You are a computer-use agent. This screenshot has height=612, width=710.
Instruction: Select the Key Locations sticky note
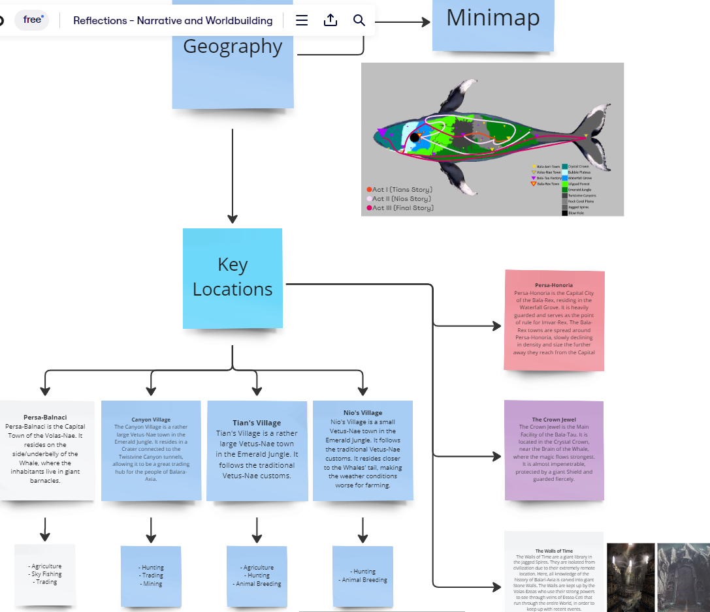tap(233, 277)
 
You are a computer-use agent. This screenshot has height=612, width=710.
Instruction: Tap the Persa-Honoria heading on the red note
tap(554, 285)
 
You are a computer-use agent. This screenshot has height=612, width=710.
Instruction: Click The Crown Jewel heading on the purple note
tap(554, 420)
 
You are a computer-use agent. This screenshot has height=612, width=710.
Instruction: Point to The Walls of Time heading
tap(554, 551)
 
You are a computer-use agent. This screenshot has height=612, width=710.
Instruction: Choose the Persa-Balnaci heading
tap(45, 417)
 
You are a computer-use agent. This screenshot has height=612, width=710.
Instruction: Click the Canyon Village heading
tap(151, 420)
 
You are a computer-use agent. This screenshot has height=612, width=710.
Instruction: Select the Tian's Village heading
tap(257, 423)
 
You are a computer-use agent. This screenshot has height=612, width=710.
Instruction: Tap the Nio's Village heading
tap(363, 412)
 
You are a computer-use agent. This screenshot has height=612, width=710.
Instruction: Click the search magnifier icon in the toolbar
tap(359, 20)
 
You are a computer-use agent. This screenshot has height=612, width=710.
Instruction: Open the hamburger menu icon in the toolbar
tap(302, 20)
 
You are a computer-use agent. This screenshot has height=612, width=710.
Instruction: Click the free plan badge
tap(32, 20)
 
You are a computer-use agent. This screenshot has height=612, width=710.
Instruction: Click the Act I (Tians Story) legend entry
tap(399, 189)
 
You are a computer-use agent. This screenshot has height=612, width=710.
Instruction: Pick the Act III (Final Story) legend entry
tap(400, 207)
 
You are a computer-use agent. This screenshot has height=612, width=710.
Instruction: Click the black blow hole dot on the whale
tap(414, 138)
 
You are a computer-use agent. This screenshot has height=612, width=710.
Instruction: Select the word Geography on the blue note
tap(233, 47)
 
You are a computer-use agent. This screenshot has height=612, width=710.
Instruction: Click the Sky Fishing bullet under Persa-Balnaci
tap(45, 574)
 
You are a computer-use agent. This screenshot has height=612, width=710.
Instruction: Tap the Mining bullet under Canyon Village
tap(151, 584)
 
